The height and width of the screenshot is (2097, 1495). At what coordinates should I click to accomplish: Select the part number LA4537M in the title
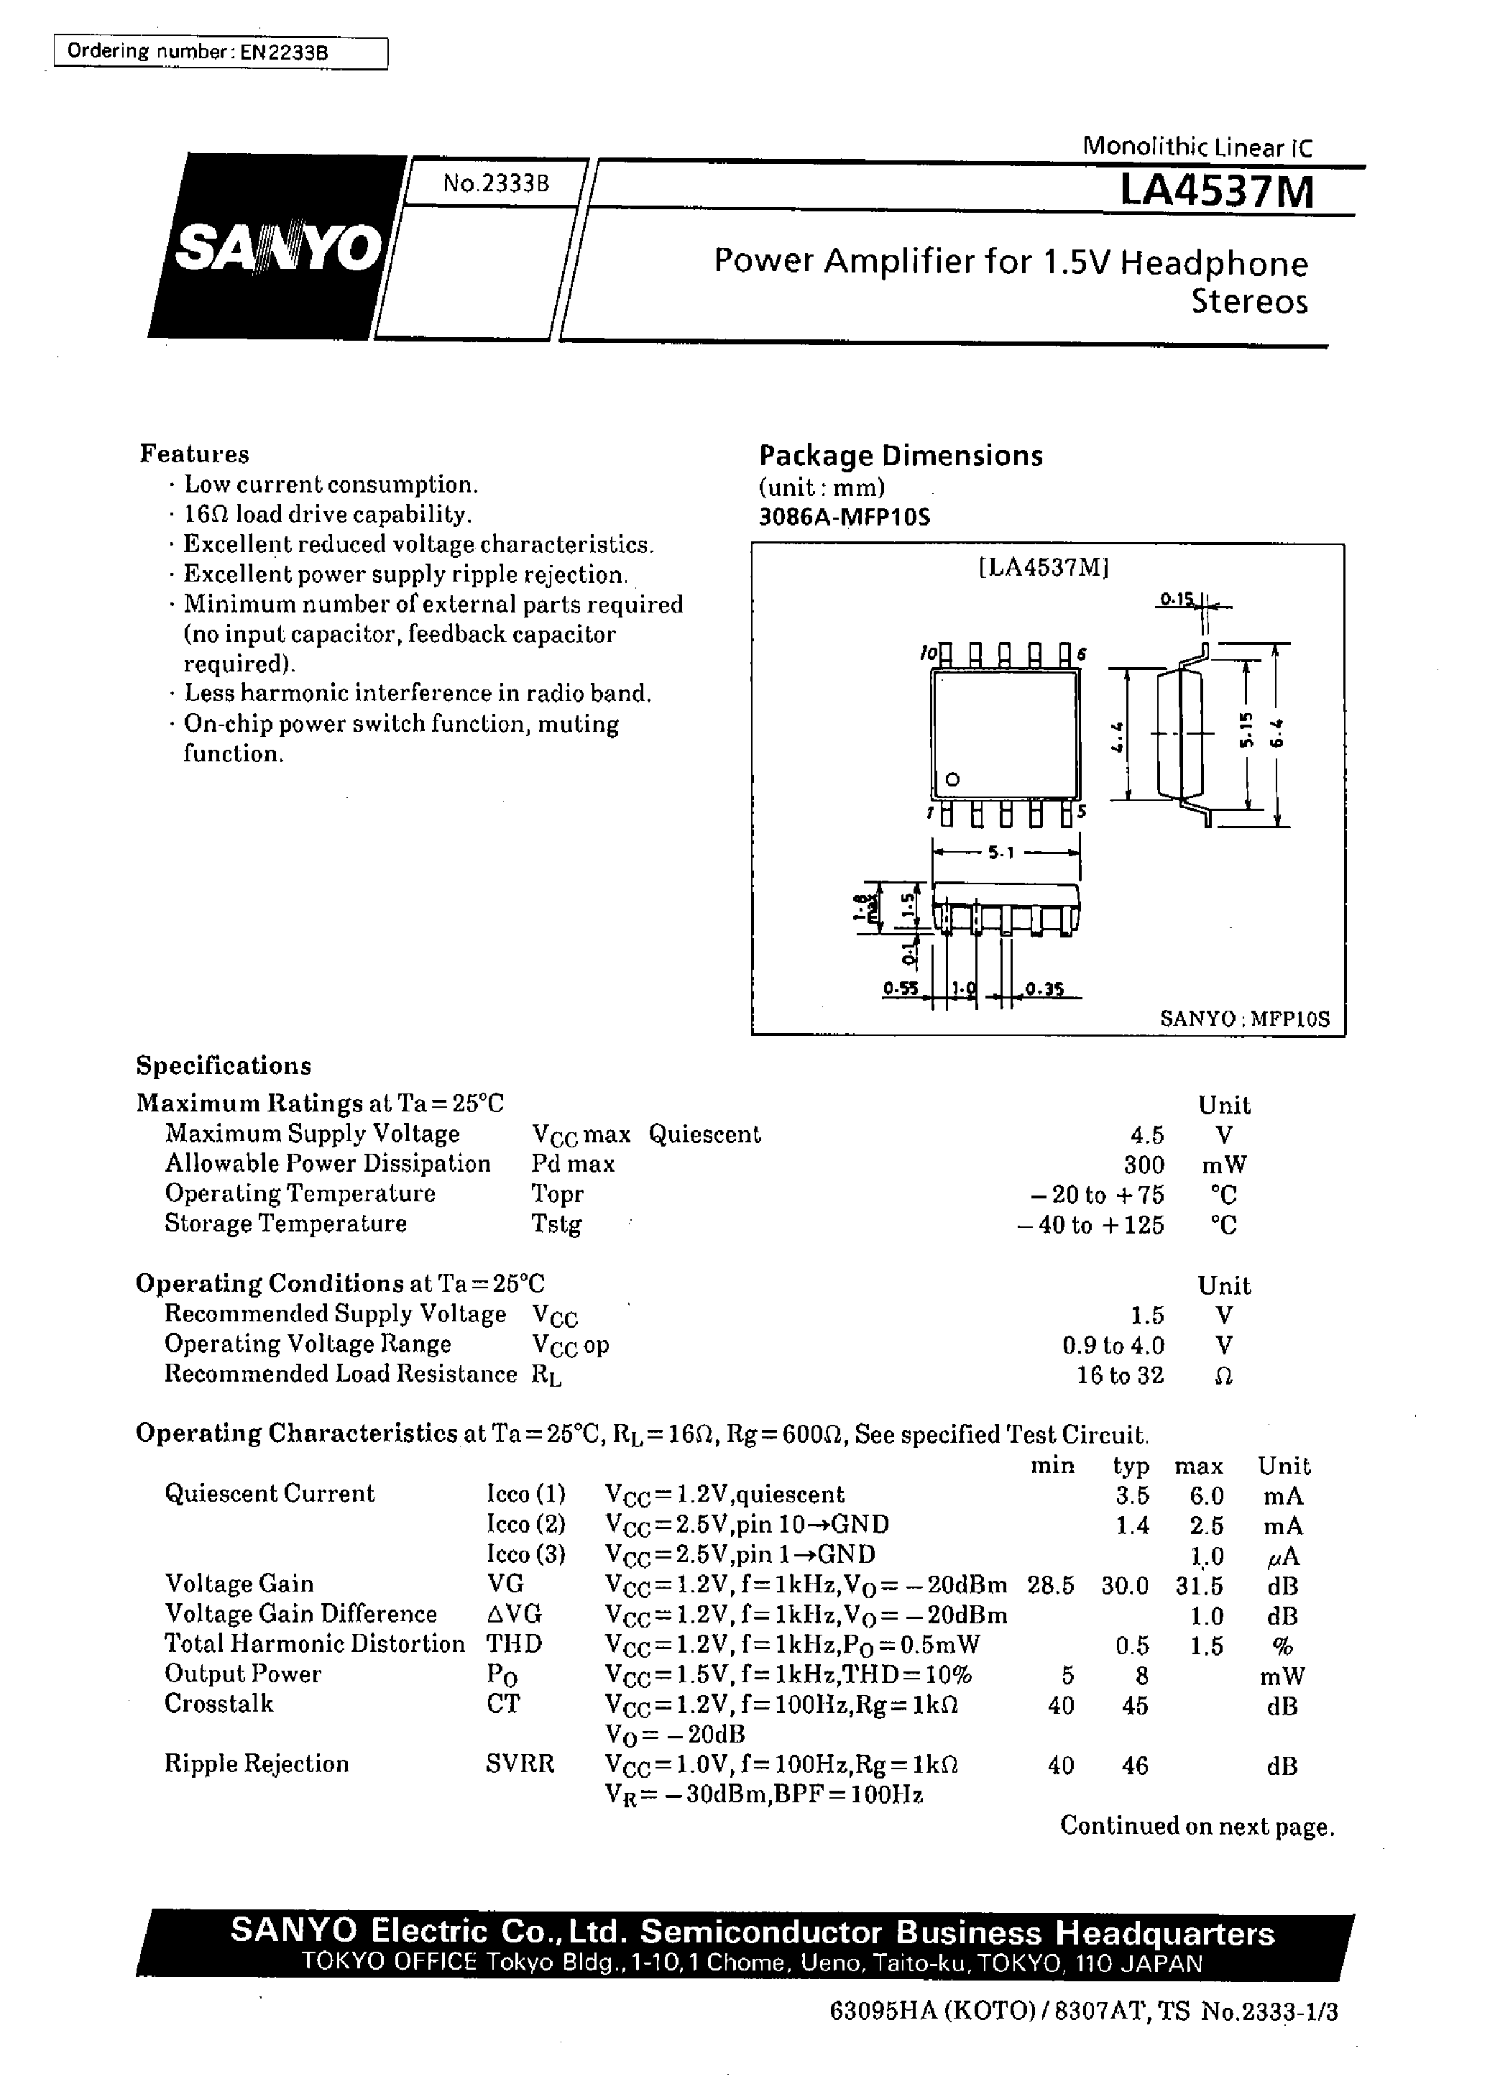click(1216, 193)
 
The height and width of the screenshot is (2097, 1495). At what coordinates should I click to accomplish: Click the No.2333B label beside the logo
click(495, 183)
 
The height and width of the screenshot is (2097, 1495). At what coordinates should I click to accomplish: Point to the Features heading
click(194, 454)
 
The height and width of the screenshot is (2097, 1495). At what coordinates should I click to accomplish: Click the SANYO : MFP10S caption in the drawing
click(1245, 1019)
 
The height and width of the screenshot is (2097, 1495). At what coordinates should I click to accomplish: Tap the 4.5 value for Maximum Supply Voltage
click(1147, 1134)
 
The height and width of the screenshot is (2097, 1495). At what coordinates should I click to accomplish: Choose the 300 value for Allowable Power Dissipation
click(1144, 1165)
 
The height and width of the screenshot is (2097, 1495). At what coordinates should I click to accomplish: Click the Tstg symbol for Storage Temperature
click(556, 1224)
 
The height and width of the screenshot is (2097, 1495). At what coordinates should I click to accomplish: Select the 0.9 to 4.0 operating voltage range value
click(1113, 1346)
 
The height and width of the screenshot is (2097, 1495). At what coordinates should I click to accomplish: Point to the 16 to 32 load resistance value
click(1119, 1375)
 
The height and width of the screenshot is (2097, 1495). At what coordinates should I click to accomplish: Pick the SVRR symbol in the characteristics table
click(520, 1763)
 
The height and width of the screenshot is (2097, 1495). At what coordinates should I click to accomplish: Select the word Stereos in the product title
click(1249, 302)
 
